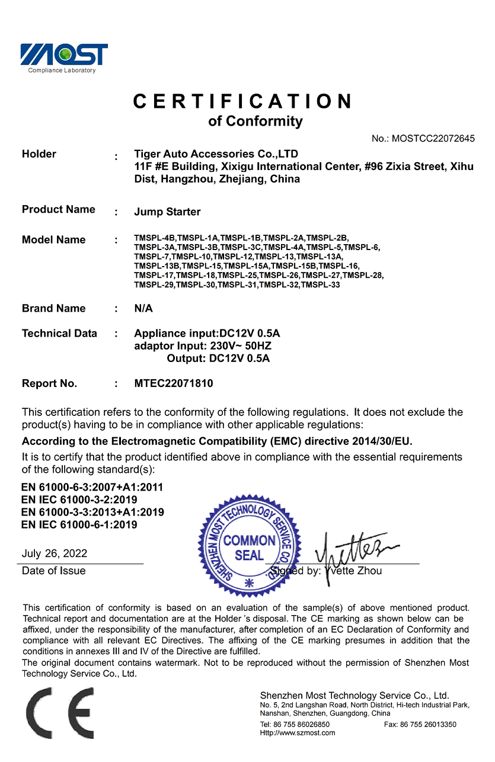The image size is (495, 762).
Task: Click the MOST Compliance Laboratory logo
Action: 64,57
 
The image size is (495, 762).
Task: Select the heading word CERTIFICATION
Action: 243,101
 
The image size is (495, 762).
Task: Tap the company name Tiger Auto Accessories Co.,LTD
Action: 216,154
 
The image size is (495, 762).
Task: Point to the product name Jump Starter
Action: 167,212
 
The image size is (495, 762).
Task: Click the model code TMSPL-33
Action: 320,285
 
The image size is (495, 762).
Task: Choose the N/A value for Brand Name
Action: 143,308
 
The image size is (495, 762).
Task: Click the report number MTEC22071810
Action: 174,383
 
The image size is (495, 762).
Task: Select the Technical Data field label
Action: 59,333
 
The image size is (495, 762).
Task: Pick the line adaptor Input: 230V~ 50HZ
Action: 203,346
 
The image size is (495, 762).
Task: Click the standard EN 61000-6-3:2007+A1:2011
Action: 92,487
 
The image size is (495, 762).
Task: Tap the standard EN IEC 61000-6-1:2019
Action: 79,524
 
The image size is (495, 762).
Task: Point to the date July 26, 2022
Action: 55,553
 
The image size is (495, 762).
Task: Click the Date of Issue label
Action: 54,571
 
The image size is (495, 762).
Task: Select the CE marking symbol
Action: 59,713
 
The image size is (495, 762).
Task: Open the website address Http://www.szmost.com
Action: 298,733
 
